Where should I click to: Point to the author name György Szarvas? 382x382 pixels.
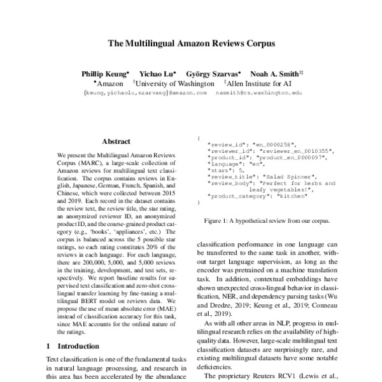212,74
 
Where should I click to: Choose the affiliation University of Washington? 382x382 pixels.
174,83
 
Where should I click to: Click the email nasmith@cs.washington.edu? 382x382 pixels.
258,93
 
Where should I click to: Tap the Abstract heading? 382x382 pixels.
116,142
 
